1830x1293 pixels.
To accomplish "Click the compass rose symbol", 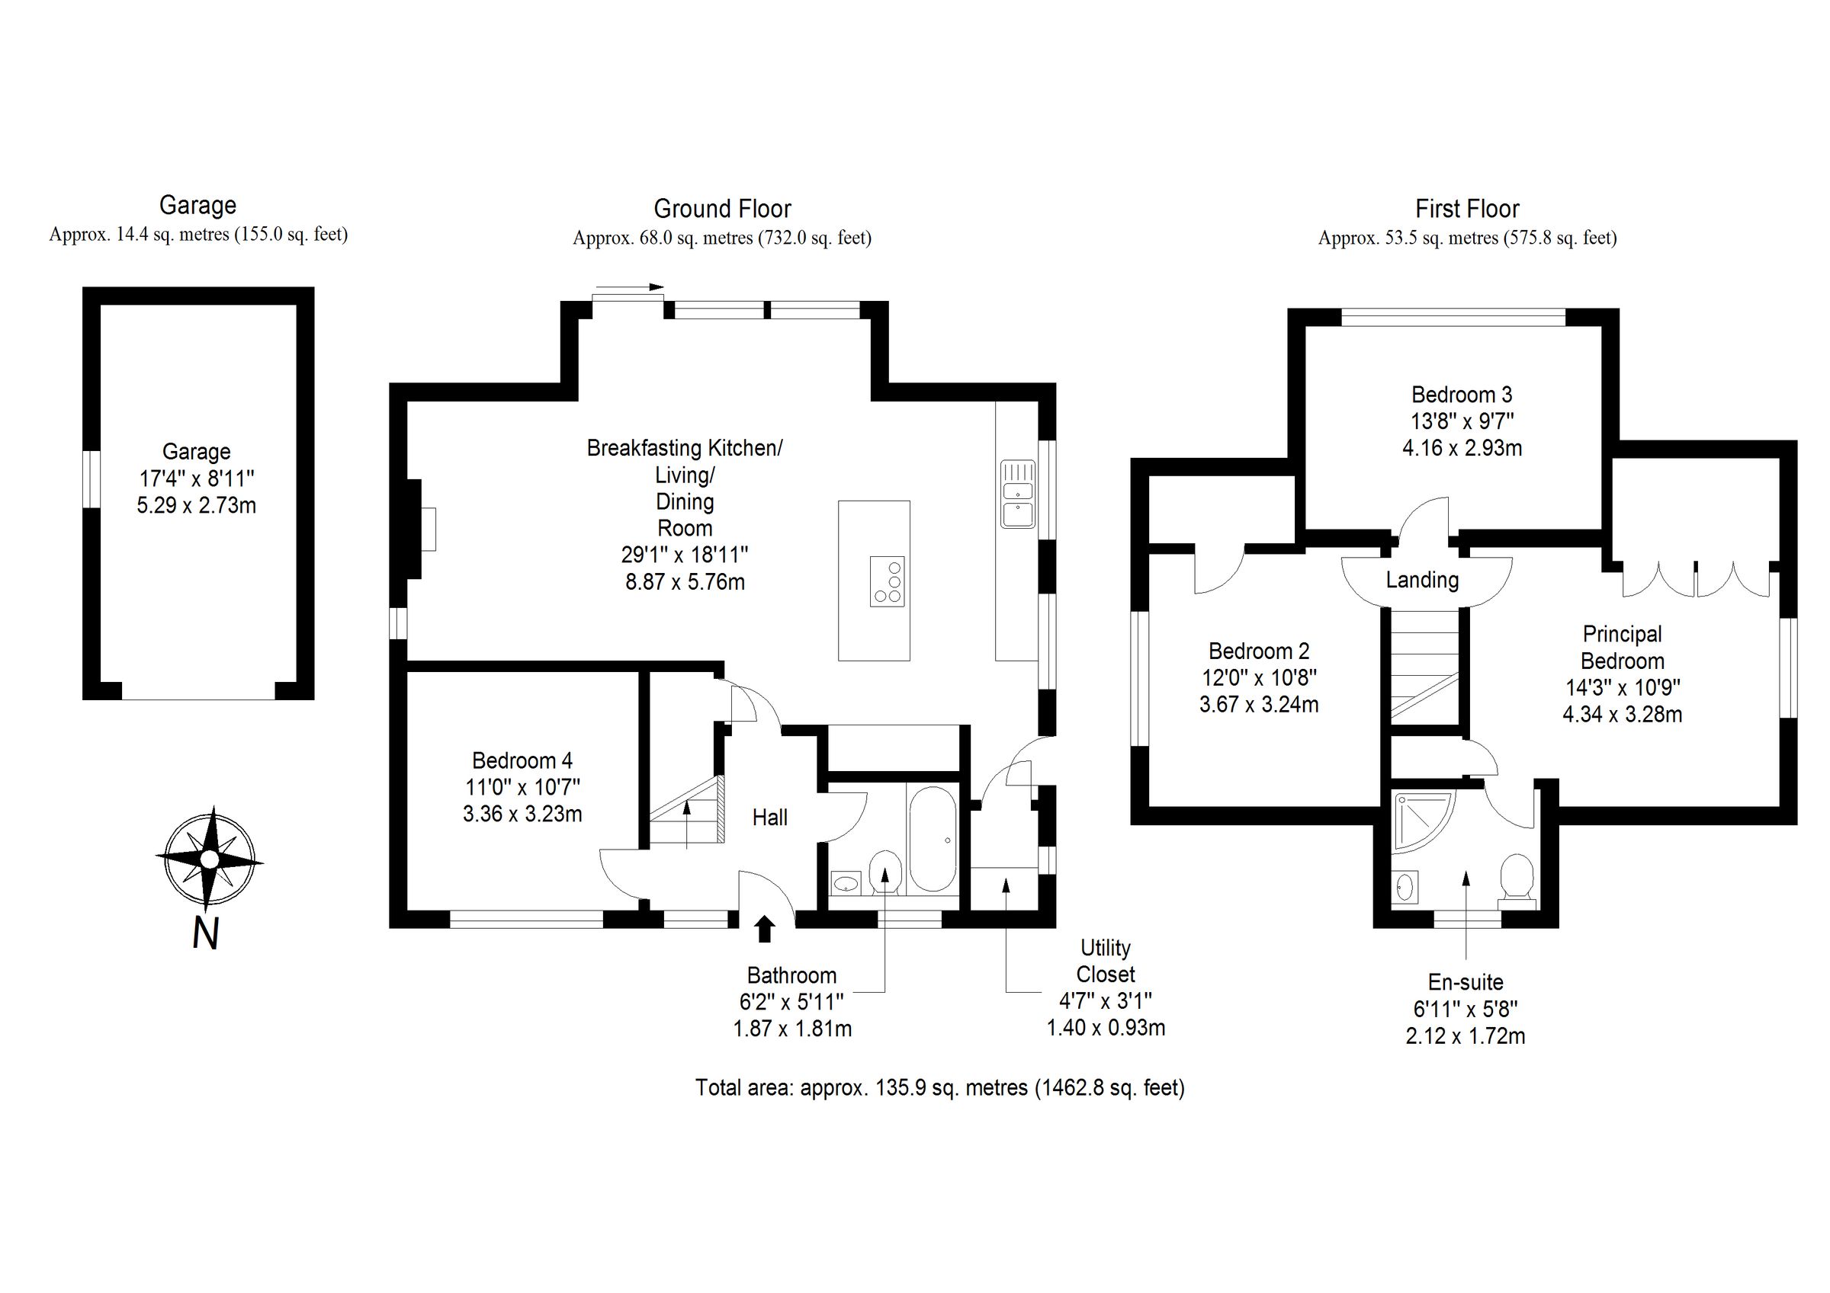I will pos(209,859).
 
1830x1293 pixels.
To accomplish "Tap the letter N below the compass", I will pos(206,933).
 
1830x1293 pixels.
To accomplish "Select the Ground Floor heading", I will pos(722,210).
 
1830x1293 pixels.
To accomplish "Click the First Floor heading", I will pos(1466,210).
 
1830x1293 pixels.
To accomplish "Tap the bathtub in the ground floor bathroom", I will pos(932,839).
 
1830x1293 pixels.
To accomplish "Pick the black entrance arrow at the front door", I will pos(764,929).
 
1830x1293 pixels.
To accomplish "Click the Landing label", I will pos(1422,580).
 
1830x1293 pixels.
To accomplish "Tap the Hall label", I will pos(770,818).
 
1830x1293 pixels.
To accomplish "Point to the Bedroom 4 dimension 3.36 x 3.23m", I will pos(522,815).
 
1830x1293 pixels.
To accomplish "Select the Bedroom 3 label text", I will pos(1462,395).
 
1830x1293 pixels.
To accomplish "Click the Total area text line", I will pos(939,1087).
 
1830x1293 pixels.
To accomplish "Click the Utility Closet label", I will pos(1105,961).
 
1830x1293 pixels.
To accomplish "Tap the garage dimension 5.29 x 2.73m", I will pos(196,506).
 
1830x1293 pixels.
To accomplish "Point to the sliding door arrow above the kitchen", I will pos(629,286).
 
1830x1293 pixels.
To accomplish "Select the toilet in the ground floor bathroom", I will pos(884,871).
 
